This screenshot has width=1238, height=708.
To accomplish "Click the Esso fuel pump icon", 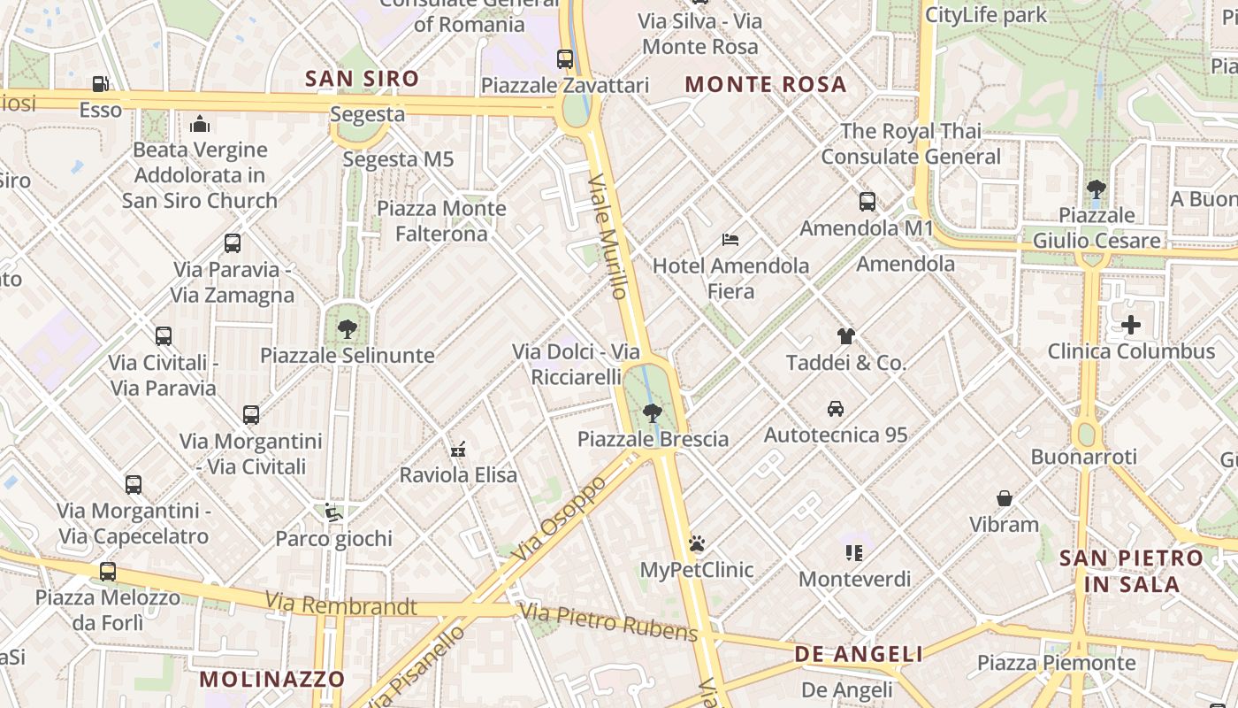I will (x=101, y=84).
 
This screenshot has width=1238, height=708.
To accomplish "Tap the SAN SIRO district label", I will (x=363, y=79).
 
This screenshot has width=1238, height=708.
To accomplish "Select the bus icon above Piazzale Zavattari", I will (x=565, y=59).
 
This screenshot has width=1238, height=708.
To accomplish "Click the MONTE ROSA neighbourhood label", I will (x=766, y=85).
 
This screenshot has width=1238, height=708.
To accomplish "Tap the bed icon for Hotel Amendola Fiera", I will (x=730, y=239).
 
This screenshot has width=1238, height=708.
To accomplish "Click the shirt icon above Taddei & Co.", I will (x=846, y=336).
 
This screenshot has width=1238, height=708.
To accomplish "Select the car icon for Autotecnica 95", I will (x=836, y=409).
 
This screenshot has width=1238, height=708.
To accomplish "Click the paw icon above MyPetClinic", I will (x=697, y=543).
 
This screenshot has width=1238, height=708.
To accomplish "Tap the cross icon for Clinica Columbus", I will (x=1131, y=326).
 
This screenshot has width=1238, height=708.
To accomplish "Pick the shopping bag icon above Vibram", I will (x=1005, y=498).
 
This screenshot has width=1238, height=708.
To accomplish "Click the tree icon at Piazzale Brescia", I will (x=653, y=412).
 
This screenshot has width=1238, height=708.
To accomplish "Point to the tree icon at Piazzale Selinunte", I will (x=348, y=329).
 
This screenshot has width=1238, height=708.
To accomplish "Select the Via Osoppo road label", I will (x=560, y=518).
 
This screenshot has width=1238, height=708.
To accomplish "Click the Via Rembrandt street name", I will (x=340, y=604).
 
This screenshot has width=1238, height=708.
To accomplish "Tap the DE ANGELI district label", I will (x=859, y=654).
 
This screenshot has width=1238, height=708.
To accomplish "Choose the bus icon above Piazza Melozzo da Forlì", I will (x=108, y=572).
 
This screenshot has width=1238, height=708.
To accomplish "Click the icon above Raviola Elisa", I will (x=458, y=450).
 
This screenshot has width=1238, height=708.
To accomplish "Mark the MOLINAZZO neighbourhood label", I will (x=271, y=680).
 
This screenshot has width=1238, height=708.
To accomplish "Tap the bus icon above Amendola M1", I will (x=867, y=202).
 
